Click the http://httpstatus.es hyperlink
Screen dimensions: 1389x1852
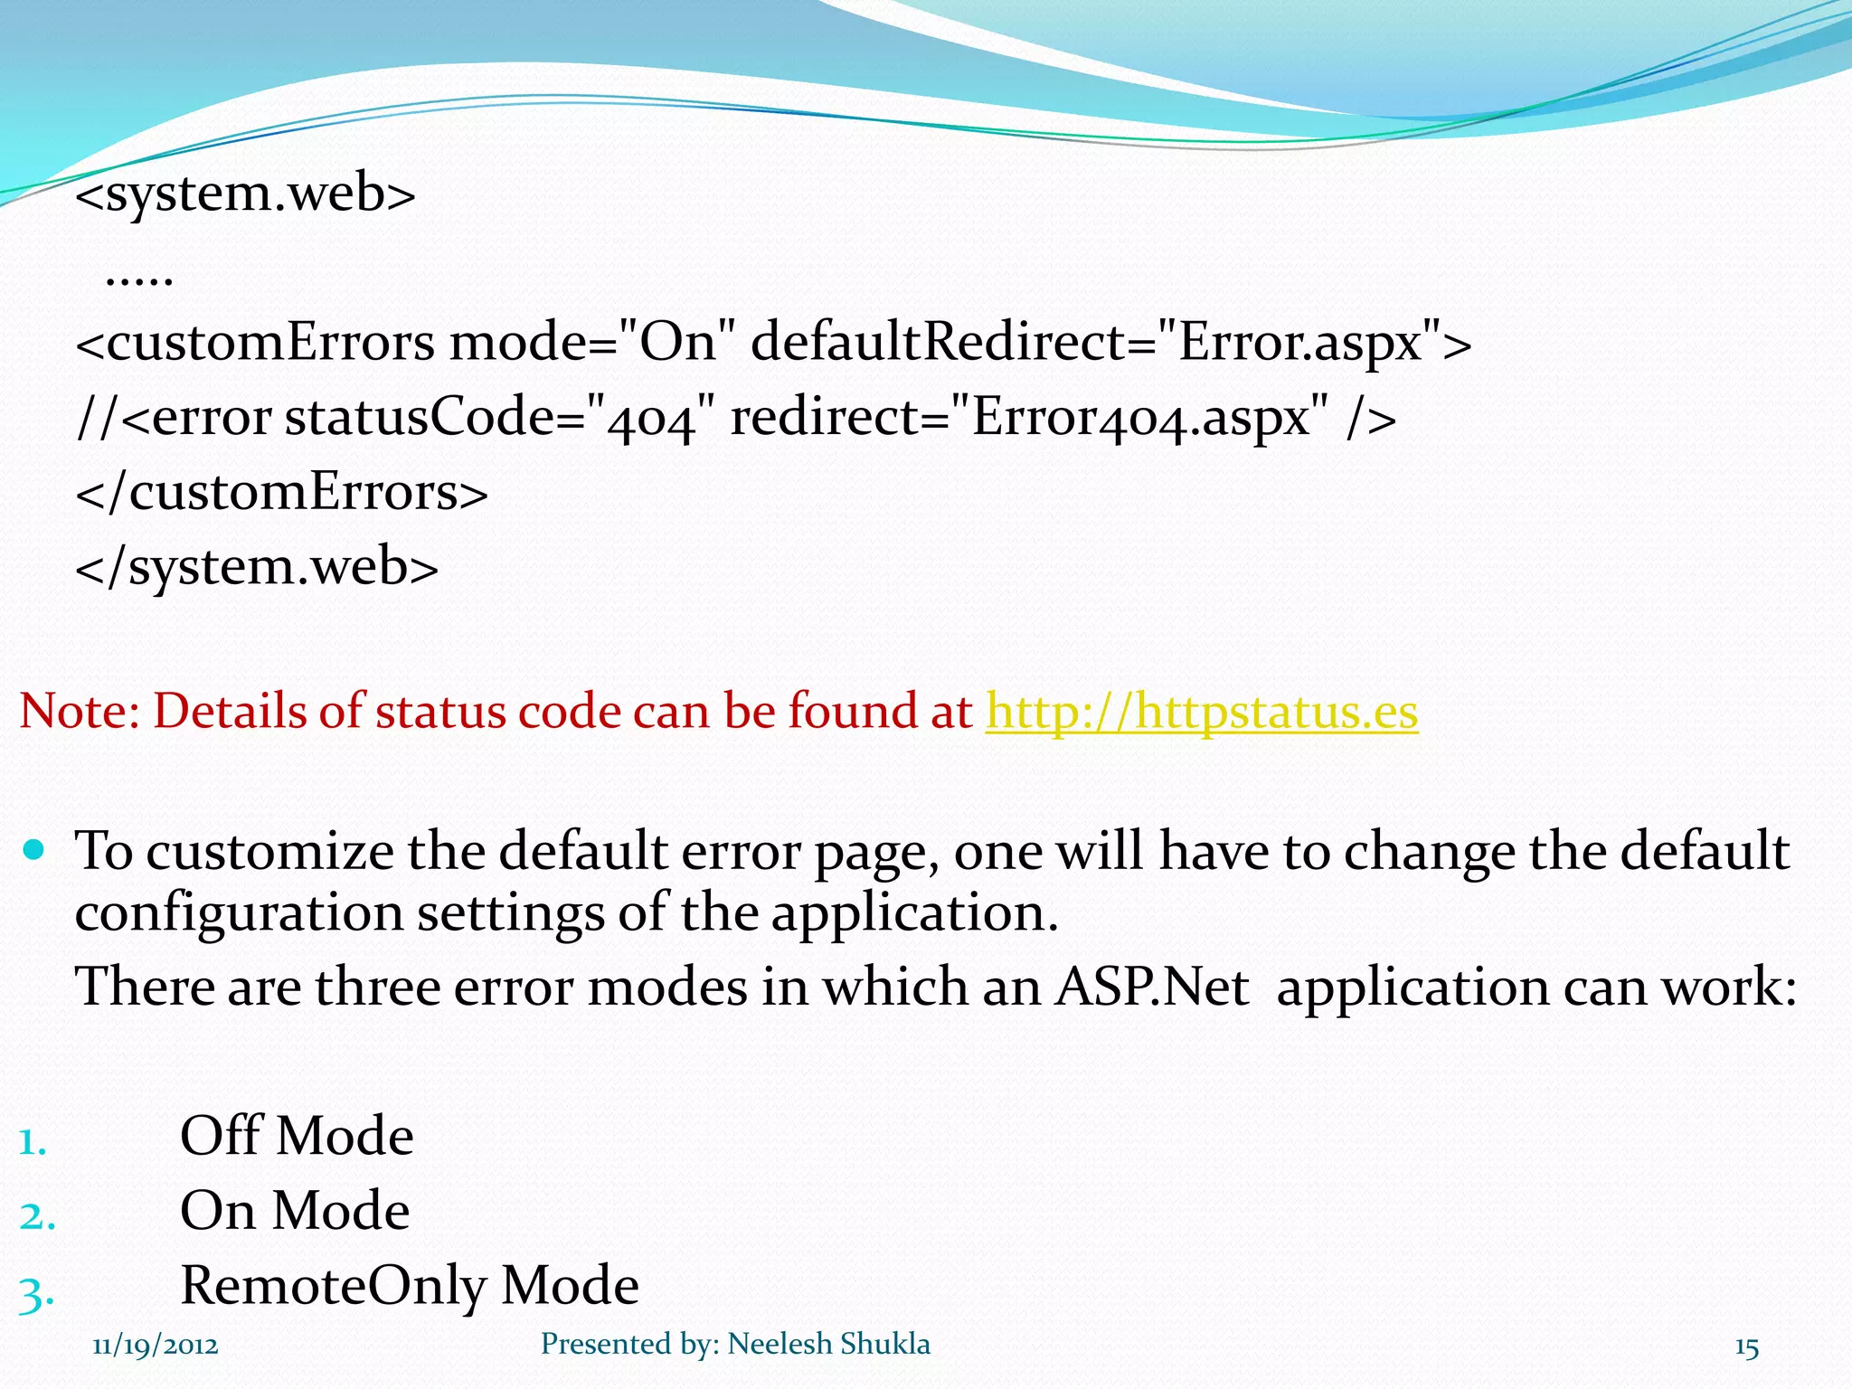[x=1201, y=712]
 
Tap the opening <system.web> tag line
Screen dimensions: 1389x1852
[x=245, y=194]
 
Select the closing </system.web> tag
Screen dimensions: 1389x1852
[x=257, y=568]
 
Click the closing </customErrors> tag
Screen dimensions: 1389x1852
[x=281, y=494]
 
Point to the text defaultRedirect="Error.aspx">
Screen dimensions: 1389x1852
[x=1110, y=344]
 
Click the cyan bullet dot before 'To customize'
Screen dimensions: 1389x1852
[x=34, y=850]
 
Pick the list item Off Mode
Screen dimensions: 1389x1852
[x=297, y=1137]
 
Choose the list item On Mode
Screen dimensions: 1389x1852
[x=295, y=1212]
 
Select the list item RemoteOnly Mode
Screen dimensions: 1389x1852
[x=410, y=1286]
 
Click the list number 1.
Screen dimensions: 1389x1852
[x=33, y=1141]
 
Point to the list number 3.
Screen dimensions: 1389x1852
[x=36, y=1293]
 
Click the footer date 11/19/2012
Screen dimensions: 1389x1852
[x=156, y=1346]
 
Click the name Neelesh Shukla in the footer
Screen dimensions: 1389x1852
[x=828, y=1345]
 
